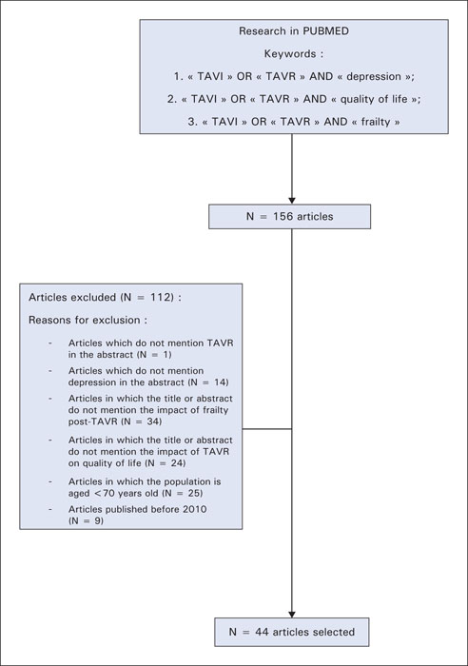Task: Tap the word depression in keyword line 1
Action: point(374,77)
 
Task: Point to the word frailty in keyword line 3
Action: point(376,122)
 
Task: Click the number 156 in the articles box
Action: point(283,217)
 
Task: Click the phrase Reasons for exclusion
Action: point(84,320)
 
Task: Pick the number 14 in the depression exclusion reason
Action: point(220,382)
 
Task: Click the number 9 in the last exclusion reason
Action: point(96,520)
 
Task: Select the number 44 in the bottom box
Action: point(262,632)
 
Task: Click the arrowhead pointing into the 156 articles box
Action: point(292,201)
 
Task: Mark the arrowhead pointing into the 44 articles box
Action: point(292,615)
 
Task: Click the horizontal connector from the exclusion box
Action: point(267,429)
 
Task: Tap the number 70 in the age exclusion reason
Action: point(109,493)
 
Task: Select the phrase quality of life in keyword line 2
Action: point(374,99)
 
